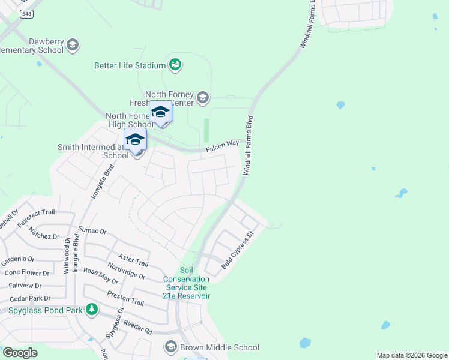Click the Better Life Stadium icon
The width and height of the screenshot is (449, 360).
pos(175,64)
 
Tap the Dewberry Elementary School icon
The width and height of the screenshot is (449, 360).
pos(73,44)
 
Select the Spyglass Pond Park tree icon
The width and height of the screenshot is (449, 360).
pos(92,310)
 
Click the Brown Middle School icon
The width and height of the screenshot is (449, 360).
pos(171,347)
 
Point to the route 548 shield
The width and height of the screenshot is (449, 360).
pos(26,14)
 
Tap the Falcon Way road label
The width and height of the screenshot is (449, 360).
pos(223,145)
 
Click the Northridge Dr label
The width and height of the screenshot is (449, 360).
pos(126,271)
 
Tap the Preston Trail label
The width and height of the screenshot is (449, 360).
pos(125,298)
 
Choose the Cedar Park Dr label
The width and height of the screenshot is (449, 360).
pos(29,298)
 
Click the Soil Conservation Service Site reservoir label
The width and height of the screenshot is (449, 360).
pos(187,283)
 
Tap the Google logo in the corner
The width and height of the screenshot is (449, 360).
pos(19,352)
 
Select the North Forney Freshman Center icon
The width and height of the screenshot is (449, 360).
pos(203,97)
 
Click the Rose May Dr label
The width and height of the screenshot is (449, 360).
pos(101,277)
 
